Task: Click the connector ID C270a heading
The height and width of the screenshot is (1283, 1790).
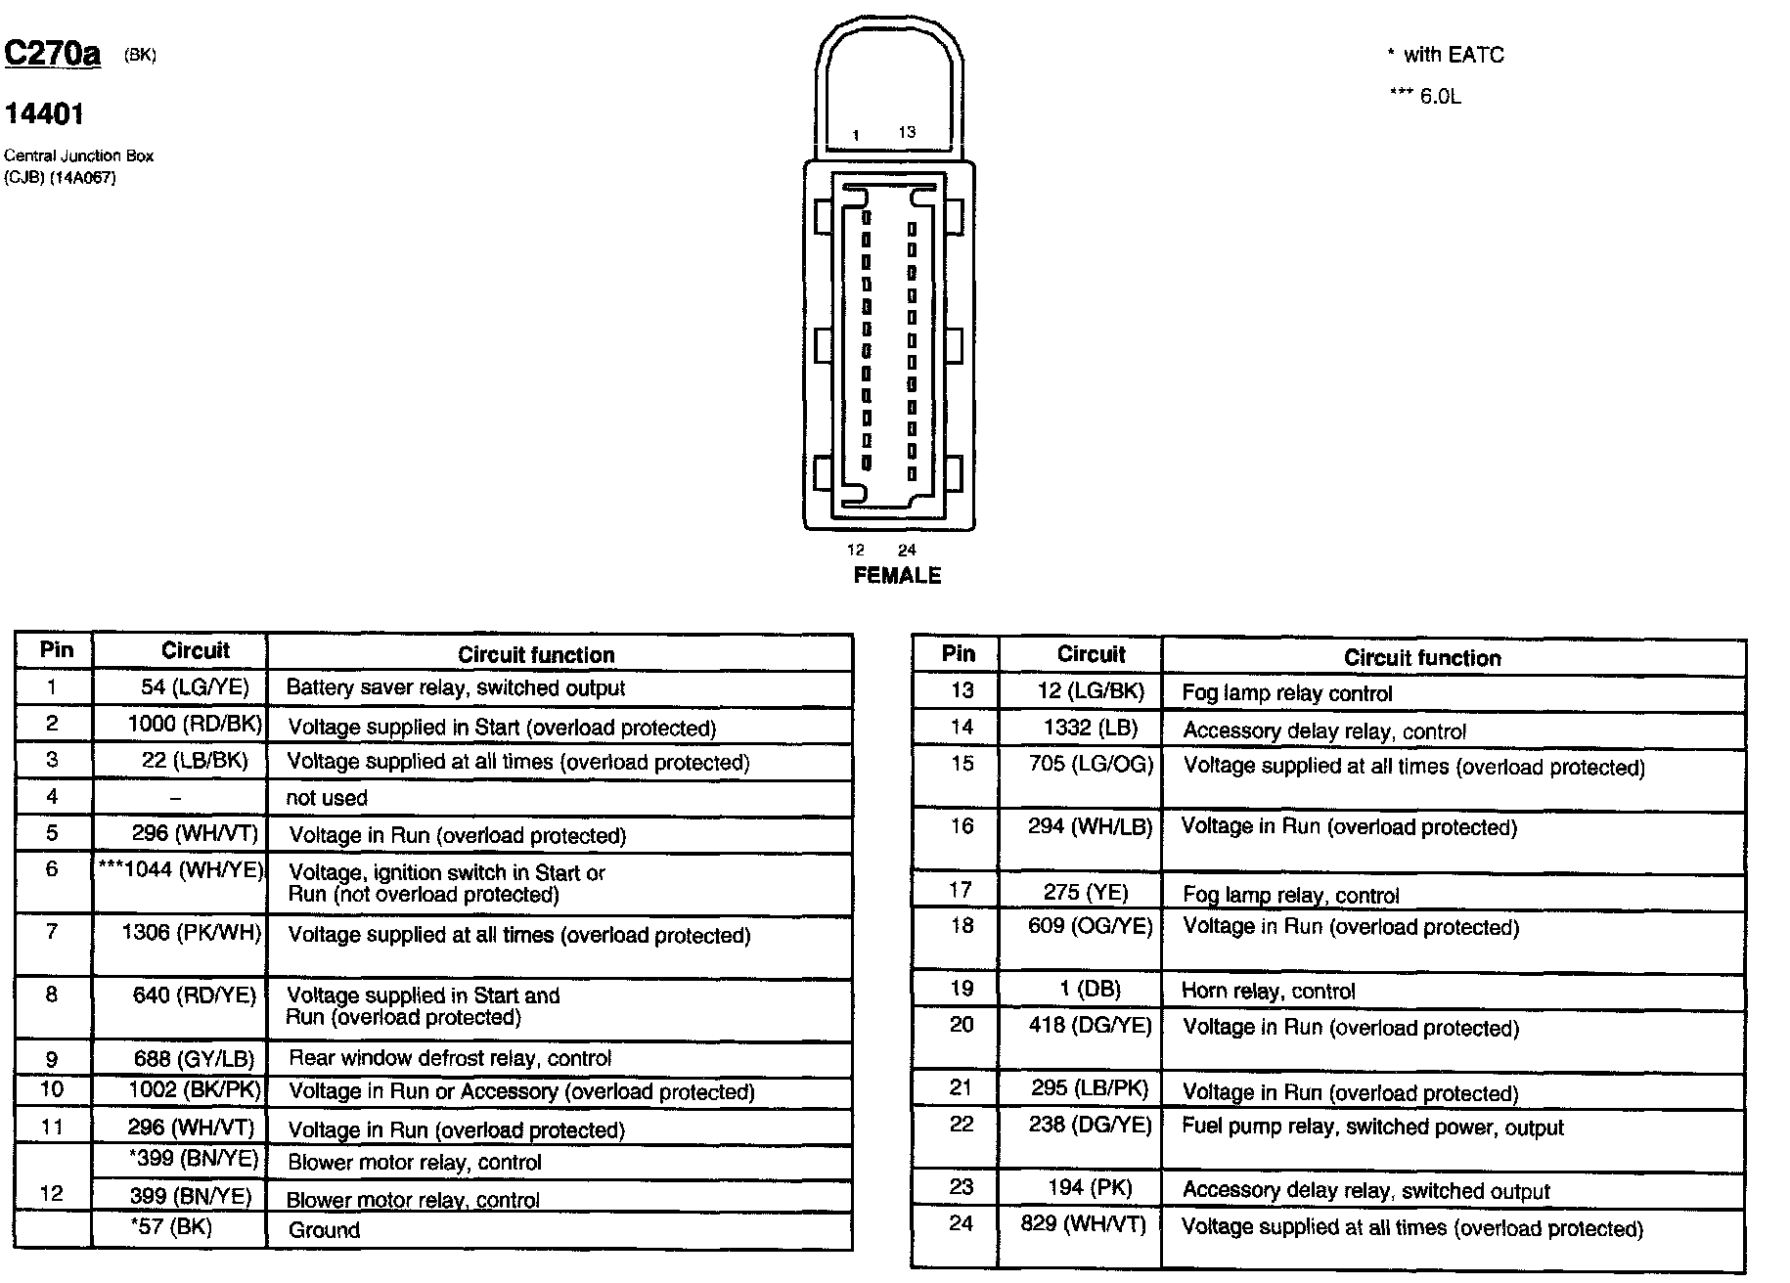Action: pyautogui.click(x=53, y=54)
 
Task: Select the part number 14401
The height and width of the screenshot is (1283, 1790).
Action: pyautogui.click(x=44, y=114)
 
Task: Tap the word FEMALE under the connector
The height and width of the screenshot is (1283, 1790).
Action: pyautogui.click(x=897, y=576)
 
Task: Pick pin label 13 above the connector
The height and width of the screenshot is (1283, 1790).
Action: pyautogui.click(x=907, y=132)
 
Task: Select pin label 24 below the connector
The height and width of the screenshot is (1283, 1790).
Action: pyautogui.click(x=907, y=551)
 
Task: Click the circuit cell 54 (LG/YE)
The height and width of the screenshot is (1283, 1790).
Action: pyautogui.click(x=195, y=687)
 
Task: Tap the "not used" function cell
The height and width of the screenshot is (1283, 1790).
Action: pyautogui.click(x=327, y=798)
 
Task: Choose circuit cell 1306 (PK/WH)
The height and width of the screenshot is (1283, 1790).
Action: pyautogui.click(x=192, y=933)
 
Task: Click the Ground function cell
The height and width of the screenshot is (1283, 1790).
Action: pyautogui.click(x=324, y=1230)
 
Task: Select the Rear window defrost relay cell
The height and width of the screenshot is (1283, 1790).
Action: pyautogui.click(x=450, y=1058)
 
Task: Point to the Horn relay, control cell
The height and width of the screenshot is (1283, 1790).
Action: pyautogui.click(x=1268, y=991)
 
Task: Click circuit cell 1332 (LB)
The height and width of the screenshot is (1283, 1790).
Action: pyautogui.click(x=1091, y=729)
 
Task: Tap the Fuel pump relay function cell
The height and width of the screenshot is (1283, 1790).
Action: pyautogui.click(x=1372, y=1127)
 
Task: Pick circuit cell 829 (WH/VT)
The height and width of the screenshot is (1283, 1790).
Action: pyautogui.click(x=1083, y=1223)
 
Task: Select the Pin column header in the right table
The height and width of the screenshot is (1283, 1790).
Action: pyautogui.click(x=959, y=654)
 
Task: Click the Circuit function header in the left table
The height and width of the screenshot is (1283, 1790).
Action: pyautogui.click(x=536, y=655)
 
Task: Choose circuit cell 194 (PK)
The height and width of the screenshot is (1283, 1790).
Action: pyautogui.click(x=1090, y=1188)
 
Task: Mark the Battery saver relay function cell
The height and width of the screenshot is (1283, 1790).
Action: pyautogui.click(x=455, y=688)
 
